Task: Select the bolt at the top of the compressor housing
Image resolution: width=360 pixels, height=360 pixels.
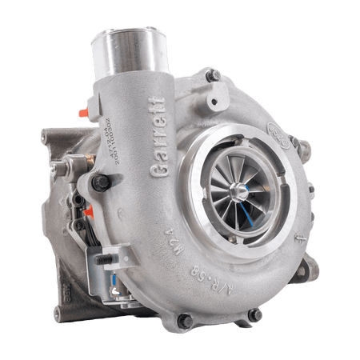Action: point(213,76)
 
